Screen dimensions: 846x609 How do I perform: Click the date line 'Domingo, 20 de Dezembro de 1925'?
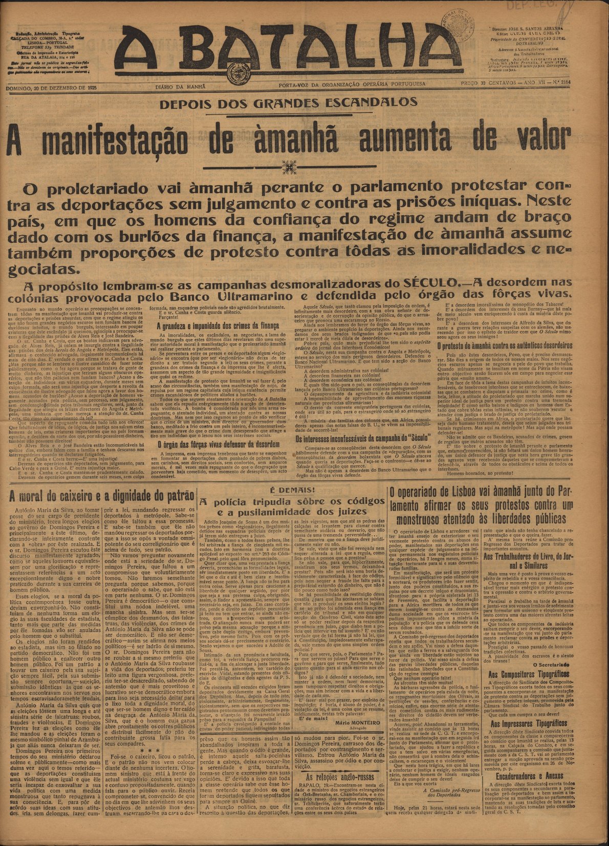coord(51,88)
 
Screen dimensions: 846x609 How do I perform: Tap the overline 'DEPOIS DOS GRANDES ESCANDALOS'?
coord(288,102)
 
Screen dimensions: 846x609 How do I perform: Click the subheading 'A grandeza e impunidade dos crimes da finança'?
coord(218,326)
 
